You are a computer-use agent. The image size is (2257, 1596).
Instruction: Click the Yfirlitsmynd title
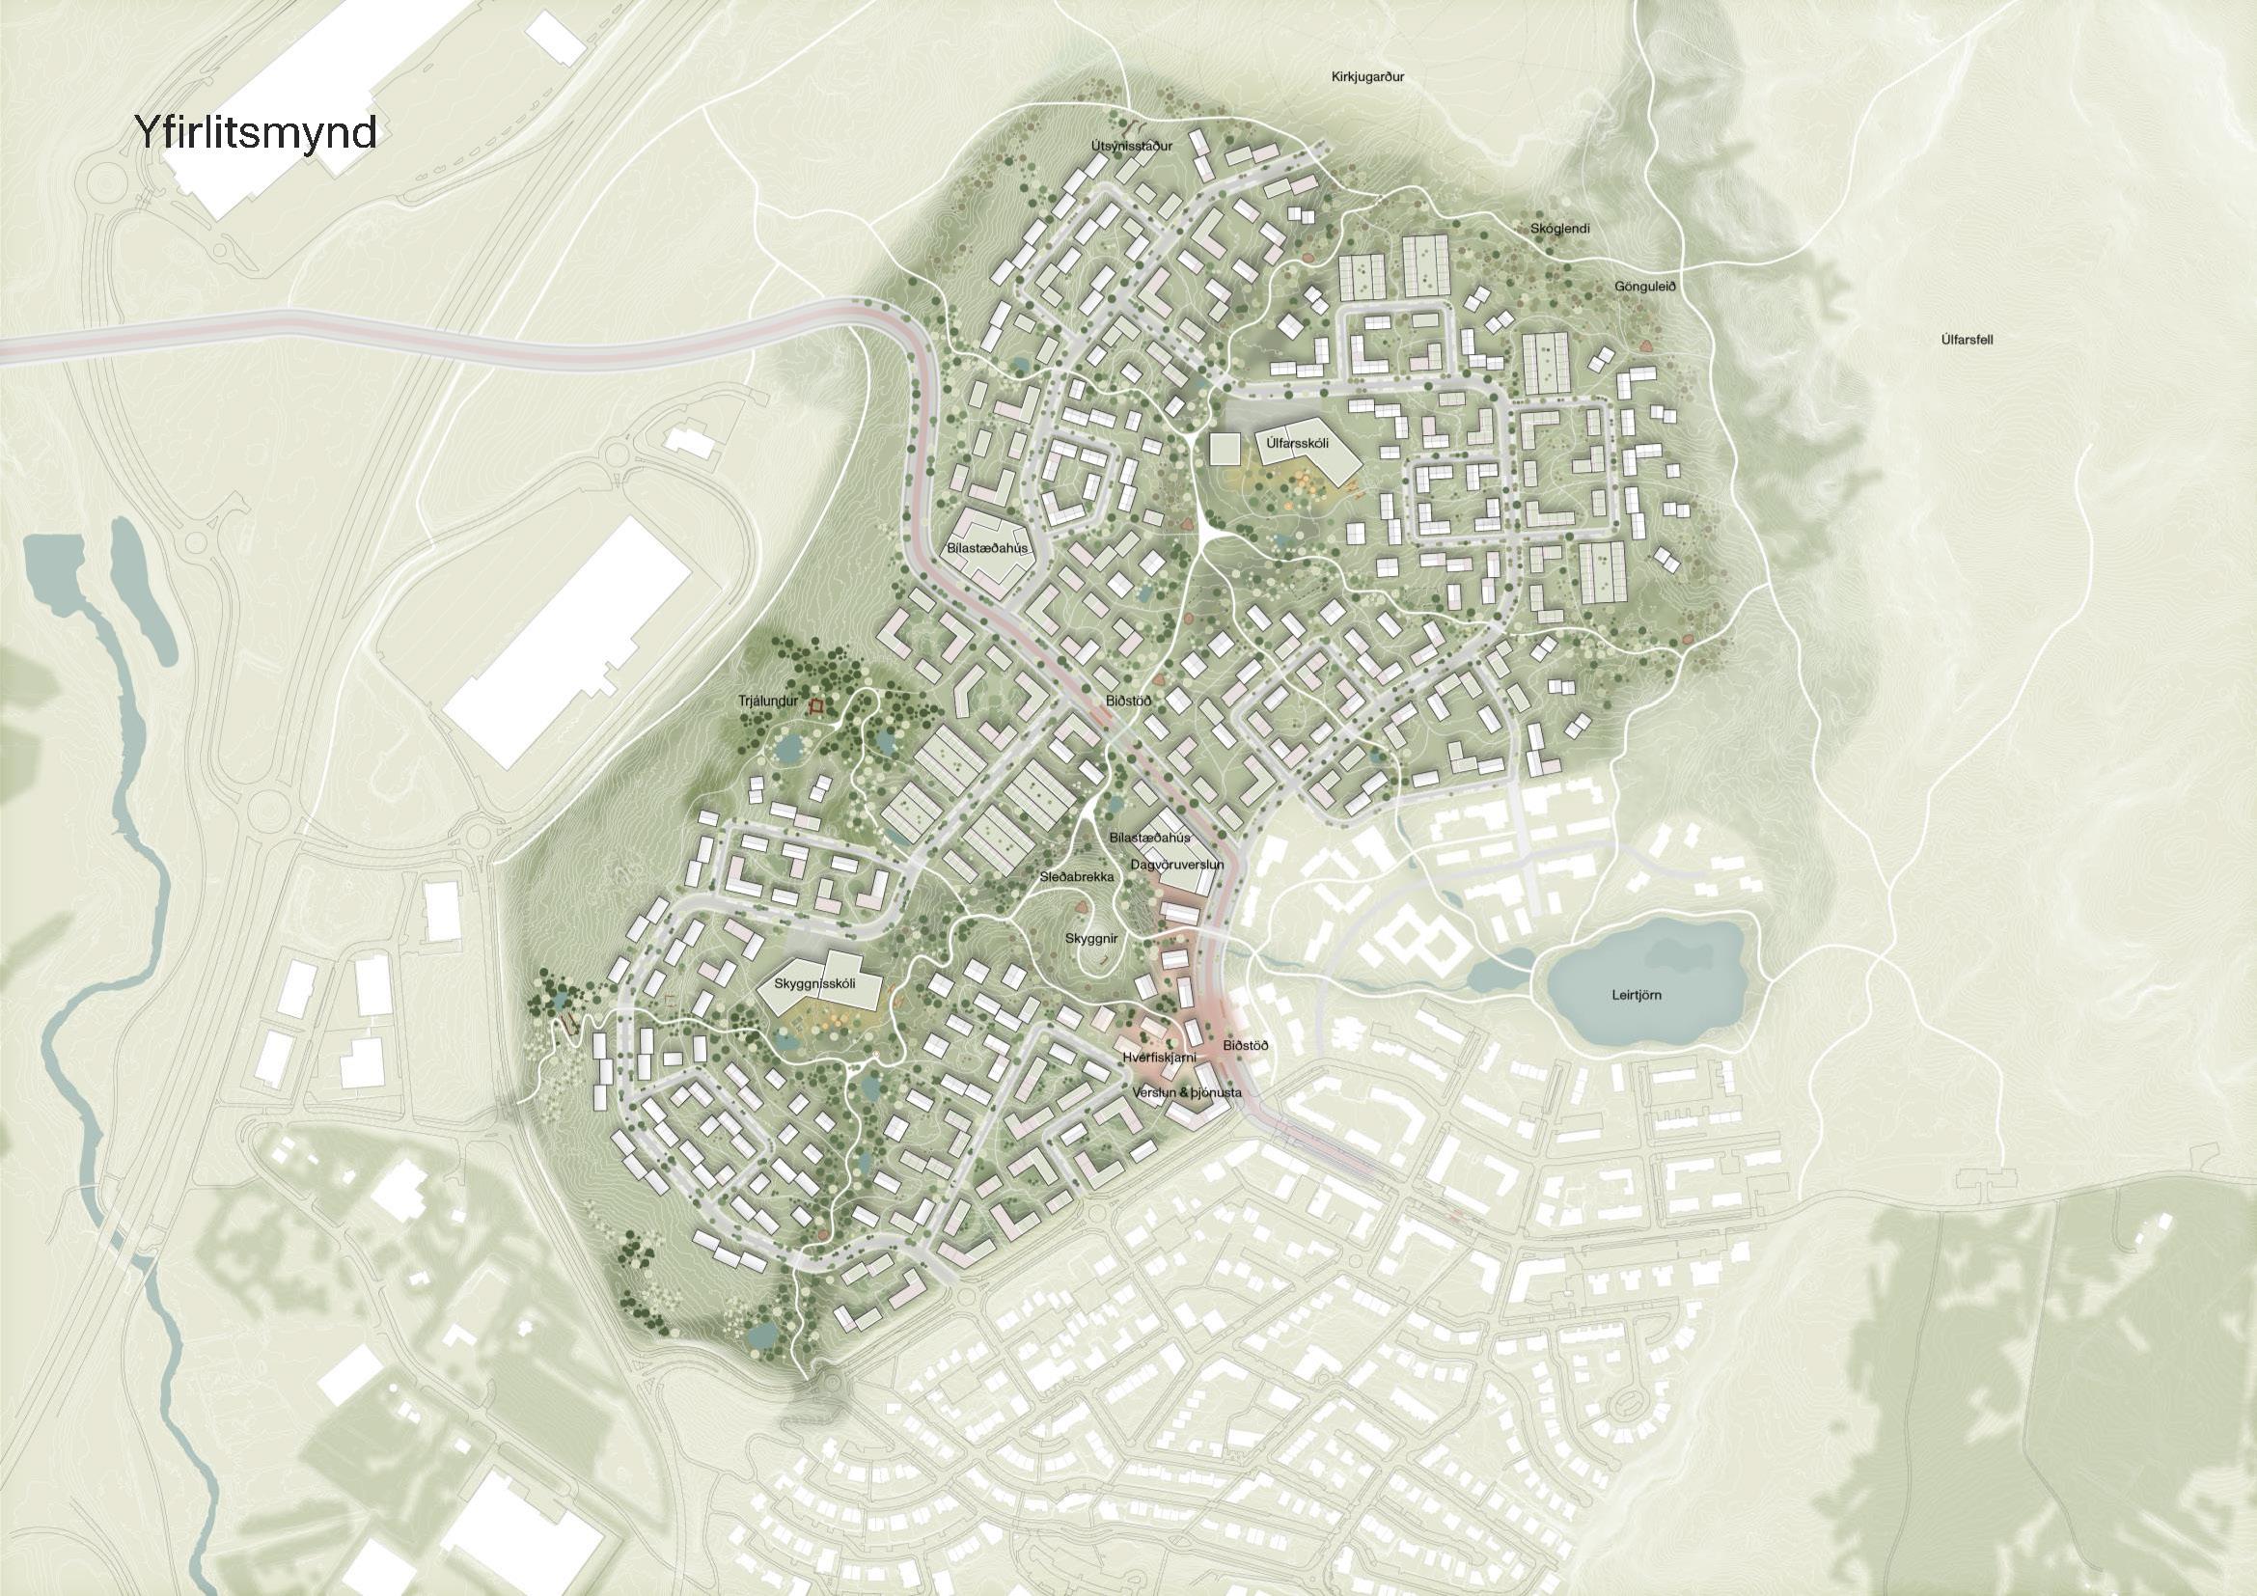point(256,132)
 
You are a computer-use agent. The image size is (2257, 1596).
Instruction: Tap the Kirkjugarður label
point(1362,75)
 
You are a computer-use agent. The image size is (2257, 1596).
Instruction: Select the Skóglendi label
point(1560,228)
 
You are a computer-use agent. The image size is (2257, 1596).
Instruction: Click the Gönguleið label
point(1644,287)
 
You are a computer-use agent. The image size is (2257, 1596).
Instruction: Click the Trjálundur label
point(764,702)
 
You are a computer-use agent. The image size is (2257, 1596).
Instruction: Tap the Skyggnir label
point(1091,939)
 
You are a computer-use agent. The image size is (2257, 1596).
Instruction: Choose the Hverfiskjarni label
point(1159,1058)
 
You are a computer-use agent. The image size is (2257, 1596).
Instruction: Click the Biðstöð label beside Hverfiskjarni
point(1245,1047)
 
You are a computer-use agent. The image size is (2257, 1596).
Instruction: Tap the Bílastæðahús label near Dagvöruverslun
point(1149,838)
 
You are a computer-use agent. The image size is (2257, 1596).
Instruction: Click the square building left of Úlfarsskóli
point(1225,449)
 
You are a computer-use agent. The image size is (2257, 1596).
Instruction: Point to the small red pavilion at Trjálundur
point(815,704)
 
